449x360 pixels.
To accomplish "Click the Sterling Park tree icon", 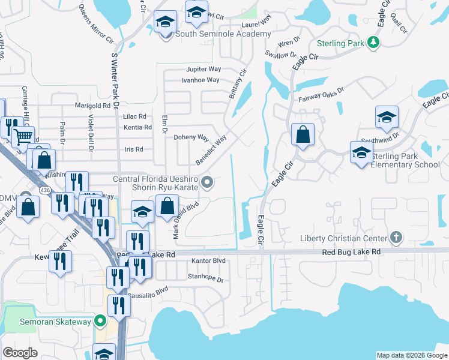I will (x=373, y=42).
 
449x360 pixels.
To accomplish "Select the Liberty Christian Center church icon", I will (x=395, y=238).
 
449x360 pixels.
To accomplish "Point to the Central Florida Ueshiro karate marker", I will (x=208, y=182).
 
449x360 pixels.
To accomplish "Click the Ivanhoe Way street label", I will (x=200, y=80).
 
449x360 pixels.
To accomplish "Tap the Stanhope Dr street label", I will (x=205, y=279).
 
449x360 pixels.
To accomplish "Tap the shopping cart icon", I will (x=23, y=136).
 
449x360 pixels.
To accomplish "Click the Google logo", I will (x=20, y=353).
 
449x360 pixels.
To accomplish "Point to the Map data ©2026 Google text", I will (x=412, y=355).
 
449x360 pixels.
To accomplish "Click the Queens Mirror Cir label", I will (x=97, y=26).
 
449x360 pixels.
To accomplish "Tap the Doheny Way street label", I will (x=191, y=137).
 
